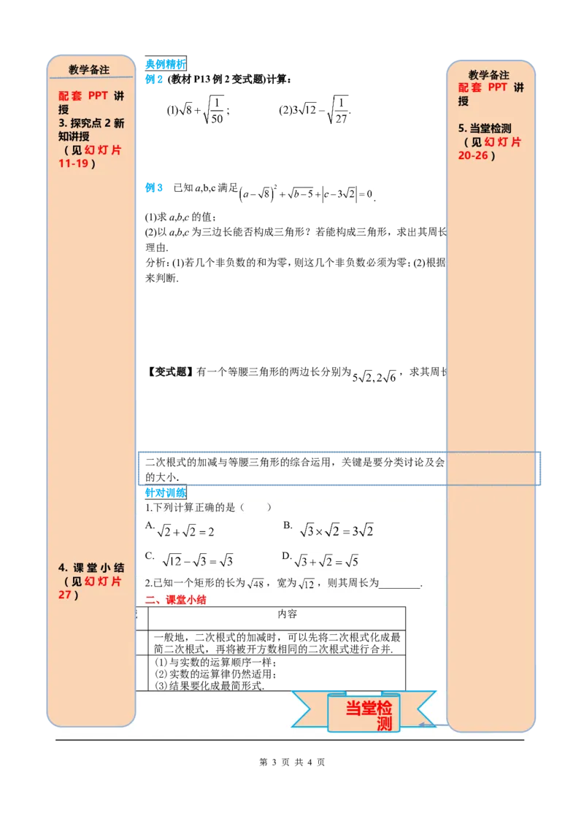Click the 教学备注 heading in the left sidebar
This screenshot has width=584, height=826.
pos(89,70)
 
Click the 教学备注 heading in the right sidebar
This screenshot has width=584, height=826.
pos(488,75)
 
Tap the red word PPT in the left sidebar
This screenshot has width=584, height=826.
pos(97,96)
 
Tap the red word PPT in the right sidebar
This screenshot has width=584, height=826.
pos(497,88)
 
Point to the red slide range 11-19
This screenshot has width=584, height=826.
pos(76,163)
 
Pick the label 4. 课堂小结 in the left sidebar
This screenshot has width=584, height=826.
pos(91,568)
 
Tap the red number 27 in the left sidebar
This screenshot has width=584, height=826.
pos(66,595)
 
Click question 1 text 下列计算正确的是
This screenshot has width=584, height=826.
pos(193,508)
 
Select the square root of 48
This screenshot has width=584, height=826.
pos(255,583)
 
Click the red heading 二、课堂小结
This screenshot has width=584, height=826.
pos(176,601)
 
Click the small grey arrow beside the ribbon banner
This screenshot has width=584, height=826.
pos(424,724)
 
